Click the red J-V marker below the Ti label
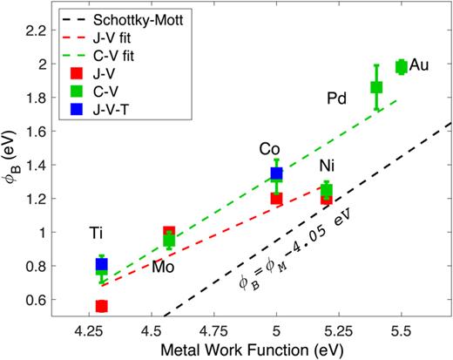tap(101, 306)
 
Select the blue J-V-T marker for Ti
tap(101, 264)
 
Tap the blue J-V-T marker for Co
tap(277, 173)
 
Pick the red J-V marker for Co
tap(277, 198)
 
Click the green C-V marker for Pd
tap(376, 87)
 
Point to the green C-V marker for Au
tap(402, 66)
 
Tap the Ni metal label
tap(326, 165)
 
